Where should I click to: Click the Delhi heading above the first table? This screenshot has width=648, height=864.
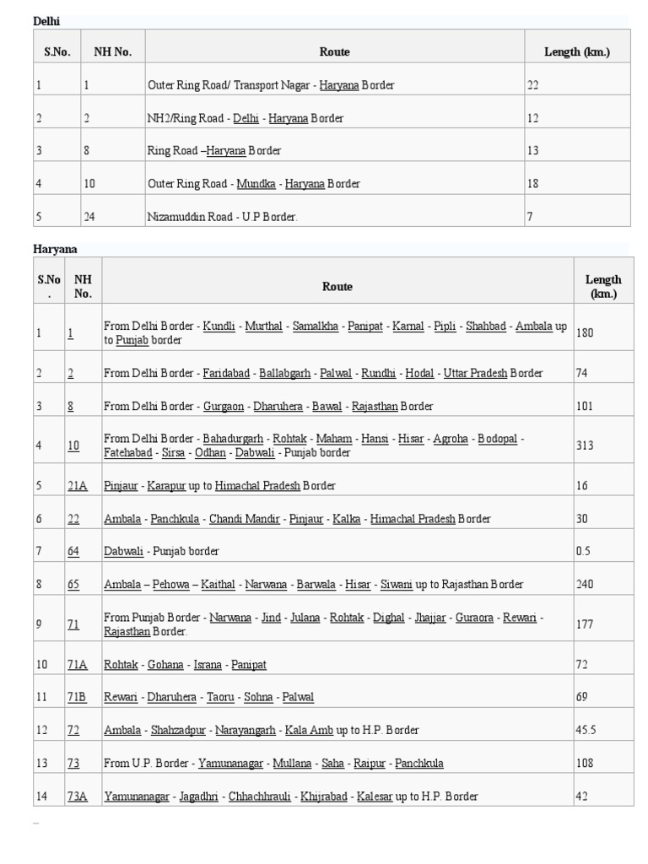coord(46,21)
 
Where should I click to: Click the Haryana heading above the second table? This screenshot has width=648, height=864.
coord(55,249)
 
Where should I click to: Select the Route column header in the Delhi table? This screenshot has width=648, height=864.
coord(334,52)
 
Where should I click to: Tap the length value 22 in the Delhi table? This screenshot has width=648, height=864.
coord(533,85)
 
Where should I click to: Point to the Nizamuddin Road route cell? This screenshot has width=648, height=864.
coord(223,217)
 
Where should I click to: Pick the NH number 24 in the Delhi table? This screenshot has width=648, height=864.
coord(89,217)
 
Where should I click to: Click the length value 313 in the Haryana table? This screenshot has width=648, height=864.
coord(585,445)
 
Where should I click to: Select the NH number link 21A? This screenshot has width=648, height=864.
coord(77,486)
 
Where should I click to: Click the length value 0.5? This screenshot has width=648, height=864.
coord(583,551)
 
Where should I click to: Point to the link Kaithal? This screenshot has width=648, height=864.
coord(218,584)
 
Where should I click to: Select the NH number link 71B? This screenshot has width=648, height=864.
coord(77,697)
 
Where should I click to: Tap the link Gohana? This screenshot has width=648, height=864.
coord(165,665)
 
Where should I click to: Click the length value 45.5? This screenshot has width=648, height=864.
coord(586,730)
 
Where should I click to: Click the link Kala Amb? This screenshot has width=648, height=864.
coord(309,730)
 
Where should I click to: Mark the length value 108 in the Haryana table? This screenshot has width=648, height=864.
coord(585,764)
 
